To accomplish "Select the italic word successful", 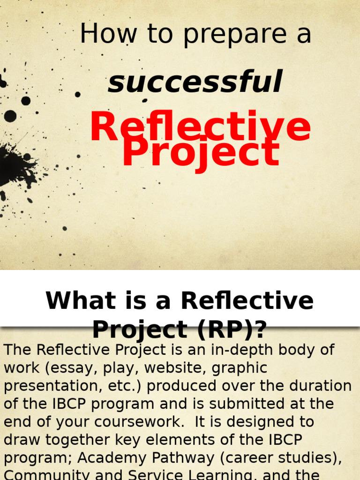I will tap(195, 82).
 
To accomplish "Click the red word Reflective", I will tap(200, 127).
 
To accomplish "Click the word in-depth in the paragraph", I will tap(215, 350).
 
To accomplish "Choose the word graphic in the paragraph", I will tap(240, 368).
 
